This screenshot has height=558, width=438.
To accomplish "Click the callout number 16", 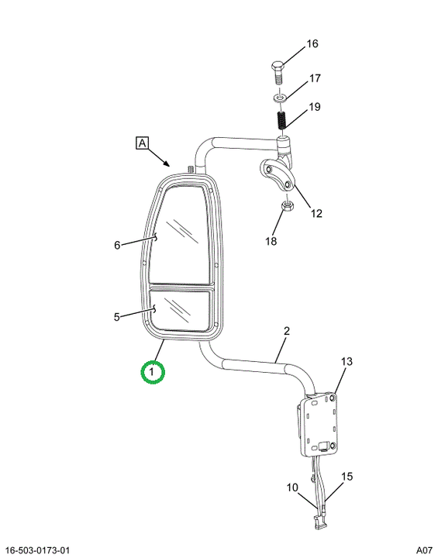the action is [x=312, y=43].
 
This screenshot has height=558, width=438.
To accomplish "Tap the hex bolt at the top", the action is [x=278, y=73].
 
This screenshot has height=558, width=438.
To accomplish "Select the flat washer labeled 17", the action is [x=279, y=97].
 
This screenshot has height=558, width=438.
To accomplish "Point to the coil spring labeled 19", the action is [x=281, y=120].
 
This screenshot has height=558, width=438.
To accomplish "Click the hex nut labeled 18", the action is [x=287, y=205].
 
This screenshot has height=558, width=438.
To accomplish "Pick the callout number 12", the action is [x=316, y=213].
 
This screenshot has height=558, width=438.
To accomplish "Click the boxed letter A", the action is [x=142, y=143].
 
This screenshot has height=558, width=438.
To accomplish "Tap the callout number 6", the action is [x=117, y=245].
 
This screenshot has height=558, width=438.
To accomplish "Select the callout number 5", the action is [x=117, y=317].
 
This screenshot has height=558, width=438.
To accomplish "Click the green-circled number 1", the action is [x=152, y=372].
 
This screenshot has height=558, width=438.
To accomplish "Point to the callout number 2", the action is [x=287, y=331].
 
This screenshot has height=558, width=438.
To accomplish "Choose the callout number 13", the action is [x=347, y=362].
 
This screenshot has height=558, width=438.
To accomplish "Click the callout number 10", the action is [x=292, y=487].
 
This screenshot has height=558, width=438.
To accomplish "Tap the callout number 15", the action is [x=347, y=476].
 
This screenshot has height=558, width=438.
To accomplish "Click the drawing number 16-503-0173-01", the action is [x=38, y=550].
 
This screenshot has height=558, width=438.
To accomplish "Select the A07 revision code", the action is [x=425, y=550].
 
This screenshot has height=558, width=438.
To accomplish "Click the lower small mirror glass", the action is [x=179, y=310].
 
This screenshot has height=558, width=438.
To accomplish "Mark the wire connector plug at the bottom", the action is [x=319, y=521].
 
